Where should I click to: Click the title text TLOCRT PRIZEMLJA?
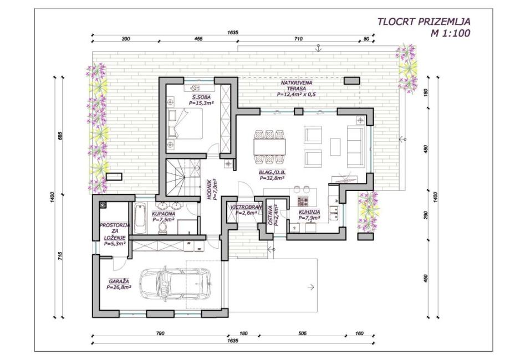click(424, 22)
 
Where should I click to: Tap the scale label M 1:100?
click(450, 33)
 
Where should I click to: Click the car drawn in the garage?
click(175, 283)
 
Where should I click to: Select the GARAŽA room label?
click(119, 281)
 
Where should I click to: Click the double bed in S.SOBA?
click(185, 124)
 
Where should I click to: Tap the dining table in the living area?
click(269, 147)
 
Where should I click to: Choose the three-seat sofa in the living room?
click(355, 146)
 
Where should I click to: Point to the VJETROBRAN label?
click(246, 207)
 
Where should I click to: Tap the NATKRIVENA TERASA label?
click(297, 85)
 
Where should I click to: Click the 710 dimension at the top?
click(298, 39)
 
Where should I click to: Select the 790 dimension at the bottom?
click(160, 333)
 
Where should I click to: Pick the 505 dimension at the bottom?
click(302, 333)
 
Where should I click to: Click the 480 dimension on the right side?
click(426, 149)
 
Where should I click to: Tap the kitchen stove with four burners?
click(303, 202)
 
